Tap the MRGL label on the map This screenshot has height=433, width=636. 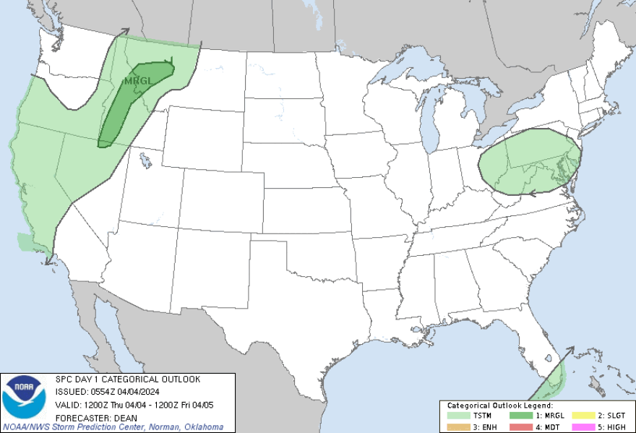click(138, 81)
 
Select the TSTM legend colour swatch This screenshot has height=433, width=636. click(457, 416)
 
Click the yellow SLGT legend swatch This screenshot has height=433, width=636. click(583, 416)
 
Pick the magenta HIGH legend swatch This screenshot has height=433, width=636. click(583, 426)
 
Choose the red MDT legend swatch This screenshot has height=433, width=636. click(520, 426)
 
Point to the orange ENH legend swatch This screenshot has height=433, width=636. click(457, 426)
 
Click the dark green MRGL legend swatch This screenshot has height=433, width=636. click(520, 416)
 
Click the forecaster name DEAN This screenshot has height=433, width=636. click(119, 417)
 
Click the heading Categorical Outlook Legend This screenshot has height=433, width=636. click(500, 406)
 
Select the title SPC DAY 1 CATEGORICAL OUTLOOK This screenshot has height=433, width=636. click(128, 380)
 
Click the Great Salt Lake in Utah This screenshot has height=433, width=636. click(145, 158)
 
